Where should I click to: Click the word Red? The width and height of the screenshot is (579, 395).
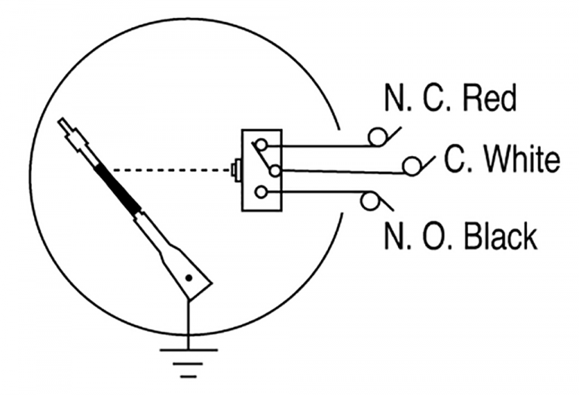tap(489, 98)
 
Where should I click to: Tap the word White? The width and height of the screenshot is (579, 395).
tap(522, 159)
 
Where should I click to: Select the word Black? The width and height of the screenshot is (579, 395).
tap(501, 236)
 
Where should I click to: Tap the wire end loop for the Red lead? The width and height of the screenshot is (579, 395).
tap(377, 137)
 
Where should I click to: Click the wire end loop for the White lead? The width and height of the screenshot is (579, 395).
tap(412, 166)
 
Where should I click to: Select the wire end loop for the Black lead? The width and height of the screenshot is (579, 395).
tap(369, 201)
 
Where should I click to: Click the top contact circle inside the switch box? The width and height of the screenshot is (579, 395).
tap(262, 145)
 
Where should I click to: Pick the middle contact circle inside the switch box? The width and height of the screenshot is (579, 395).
tap(275, 171)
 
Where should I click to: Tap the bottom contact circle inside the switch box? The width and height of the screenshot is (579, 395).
tap(262, 192)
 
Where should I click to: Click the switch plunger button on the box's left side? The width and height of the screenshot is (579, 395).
tap(236, 170)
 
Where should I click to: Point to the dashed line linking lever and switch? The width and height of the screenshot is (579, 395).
tap(172, 170)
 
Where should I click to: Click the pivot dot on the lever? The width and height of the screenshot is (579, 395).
tap(188, 278)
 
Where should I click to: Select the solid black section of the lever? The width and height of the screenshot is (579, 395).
tap(118, 190)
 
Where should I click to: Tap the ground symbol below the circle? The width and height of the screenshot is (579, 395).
tap(188, 363)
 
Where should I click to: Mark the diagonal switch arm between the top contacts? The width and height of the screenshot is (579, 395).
tap(263, 158)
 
